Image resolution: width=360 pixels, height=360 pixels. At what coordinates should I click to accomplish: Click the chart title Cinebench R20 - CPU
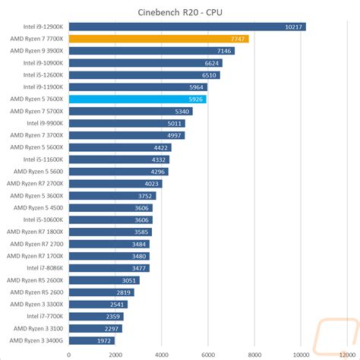pos(180,11)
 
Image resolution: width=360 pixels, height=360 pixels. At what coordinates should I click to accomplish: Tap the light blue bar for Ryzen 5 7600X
pos(137,99)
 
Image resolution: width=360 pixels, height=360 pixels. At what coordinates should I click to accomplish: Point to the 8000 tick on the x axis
pos(254,352)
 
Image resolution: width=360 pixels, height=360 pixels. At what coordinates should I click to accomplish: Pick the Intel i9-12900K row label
pos(43,27)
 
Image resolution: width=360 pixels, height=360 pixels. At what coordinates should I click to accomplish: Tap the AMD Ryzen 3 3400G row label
pos(37,340)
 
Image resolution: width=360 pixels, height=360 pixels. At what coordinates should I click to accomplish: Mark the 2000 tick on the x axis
pos(115,352)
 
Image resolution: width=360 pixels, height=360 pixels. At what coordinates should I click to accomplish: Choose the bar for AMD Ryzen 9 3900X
pos(151,50)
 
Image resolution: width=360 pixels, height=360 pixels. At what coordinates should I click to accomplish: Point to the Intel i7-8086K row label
pos(45,268)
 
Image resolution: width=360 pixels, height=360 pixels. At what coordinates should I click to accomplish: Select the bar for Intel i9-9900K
pos(127,123)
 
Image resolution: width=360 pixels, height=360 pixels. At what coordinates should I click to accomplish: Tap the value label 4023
pos(152,183)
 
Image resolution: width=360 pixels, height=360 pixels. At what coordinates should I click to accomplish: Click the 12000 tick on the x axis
pos(347,352)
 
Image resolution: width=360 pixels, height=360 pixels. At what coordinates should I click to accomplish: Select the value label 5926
pos(194,99)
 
